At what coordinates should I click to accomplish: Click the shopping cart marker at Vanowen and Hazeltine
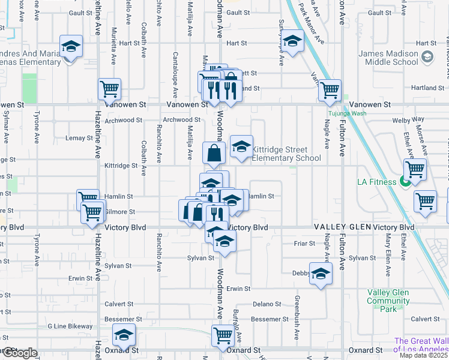(x=109, y=89)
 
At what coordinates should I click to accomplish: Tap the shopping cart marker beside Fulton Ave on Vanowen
(x=330, y=90)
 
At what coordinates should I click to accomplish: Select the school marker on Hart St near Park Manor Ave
(x=292, y=41)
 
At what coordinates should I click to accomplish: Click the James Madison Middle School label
(x=388, y=58)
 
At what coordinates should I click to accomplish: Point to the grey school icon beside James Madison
(x=427, y=57)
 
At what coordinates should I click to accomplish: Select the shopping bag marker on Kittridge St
(x=214, y=153)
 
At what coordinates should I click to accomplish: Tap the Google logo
(x=20, y=353)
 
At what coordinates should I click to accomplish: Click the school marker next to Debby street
(x=321, y=274)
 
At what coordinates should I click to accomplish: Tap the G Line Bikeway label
(x=70, y=327)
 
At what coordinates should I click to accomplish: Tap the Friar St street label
(x=304, y=243)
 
